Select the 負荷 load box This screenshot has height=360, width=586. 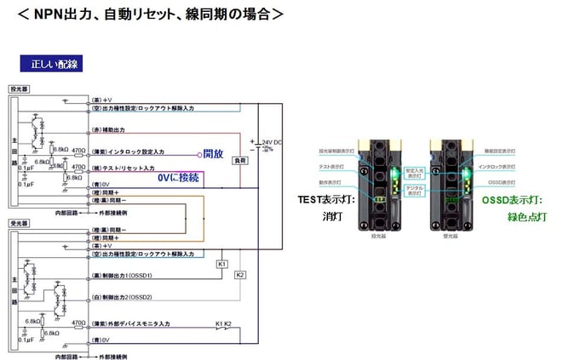click(240, 159)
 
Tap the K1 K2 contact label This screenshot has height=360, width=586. click(222, 324)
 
